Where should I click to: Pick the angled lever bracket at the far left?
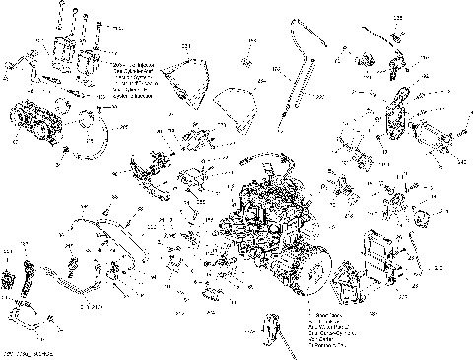[16, 64]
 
